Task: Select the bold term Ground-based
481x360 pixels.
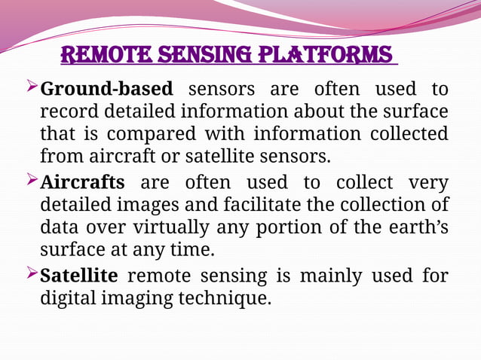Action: point(106,90)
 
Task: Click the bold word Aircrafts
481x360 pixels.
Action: point(82,182)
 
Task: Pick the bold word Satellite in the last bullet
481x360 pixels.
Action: point(78,276)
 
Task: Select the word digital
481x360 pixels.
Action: point(67,298)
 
